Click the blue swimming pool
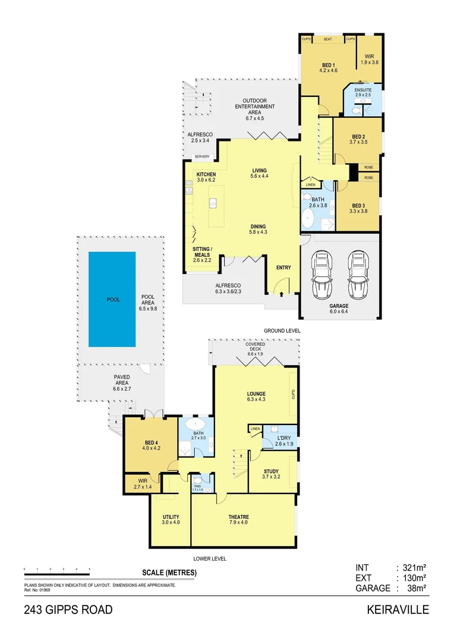pyautogui.click(x=112, y=299)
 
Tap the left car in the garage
pyautogui.click(x=322, y=275)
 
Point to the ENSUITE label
pyautogui.click(x=362, y=91)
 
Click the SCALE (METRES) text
pyautogui.click(x=169, y=573)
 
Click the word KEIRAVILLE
pyautogui.click(x=398, y=610)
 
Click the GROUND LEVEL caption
pyautogui.click(x=282, y=331)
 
